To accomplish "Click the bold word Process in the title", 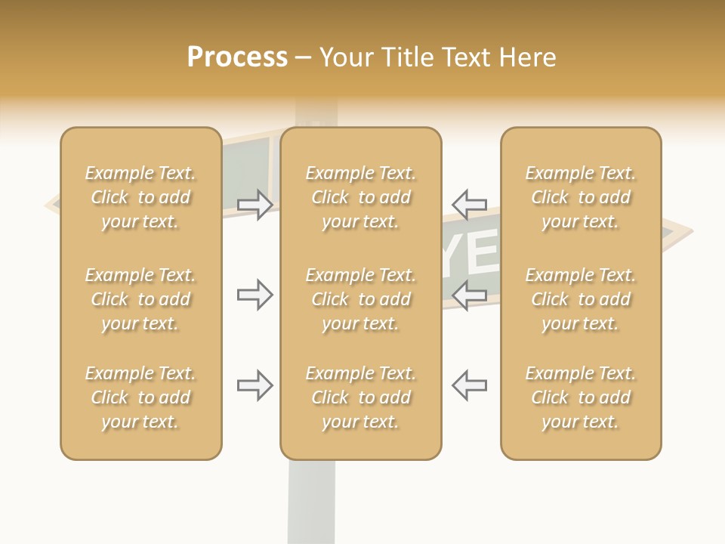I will pos(237,57).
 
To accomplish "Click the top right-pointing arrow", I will pos(255,204).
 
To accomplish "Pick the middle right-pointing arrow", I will pos(255,295).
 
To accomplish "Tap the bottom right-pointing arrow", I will pos(255,385).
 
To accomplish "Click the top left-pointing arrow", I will pos(469,204).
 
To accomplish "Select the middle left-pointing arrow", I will pos(469,295).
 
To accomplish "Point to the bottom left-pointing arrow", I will pos(469,385).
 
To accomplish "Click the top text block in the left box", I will pos(140,197).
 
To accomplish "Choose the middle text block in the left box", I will pos(140,299).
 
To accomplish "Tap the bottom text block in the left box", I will pos(140,397).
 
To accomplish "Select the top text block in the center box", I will pos(360,197).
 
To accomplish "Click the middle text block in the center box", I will pos(360,299).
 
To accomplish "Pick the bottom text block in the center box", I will pos(360,397).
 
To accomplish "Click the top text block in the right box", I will pos(581,197).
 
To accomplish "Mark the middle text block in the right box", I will pos(581,299).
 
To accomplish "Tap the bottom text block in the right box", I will pos(581,397).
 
